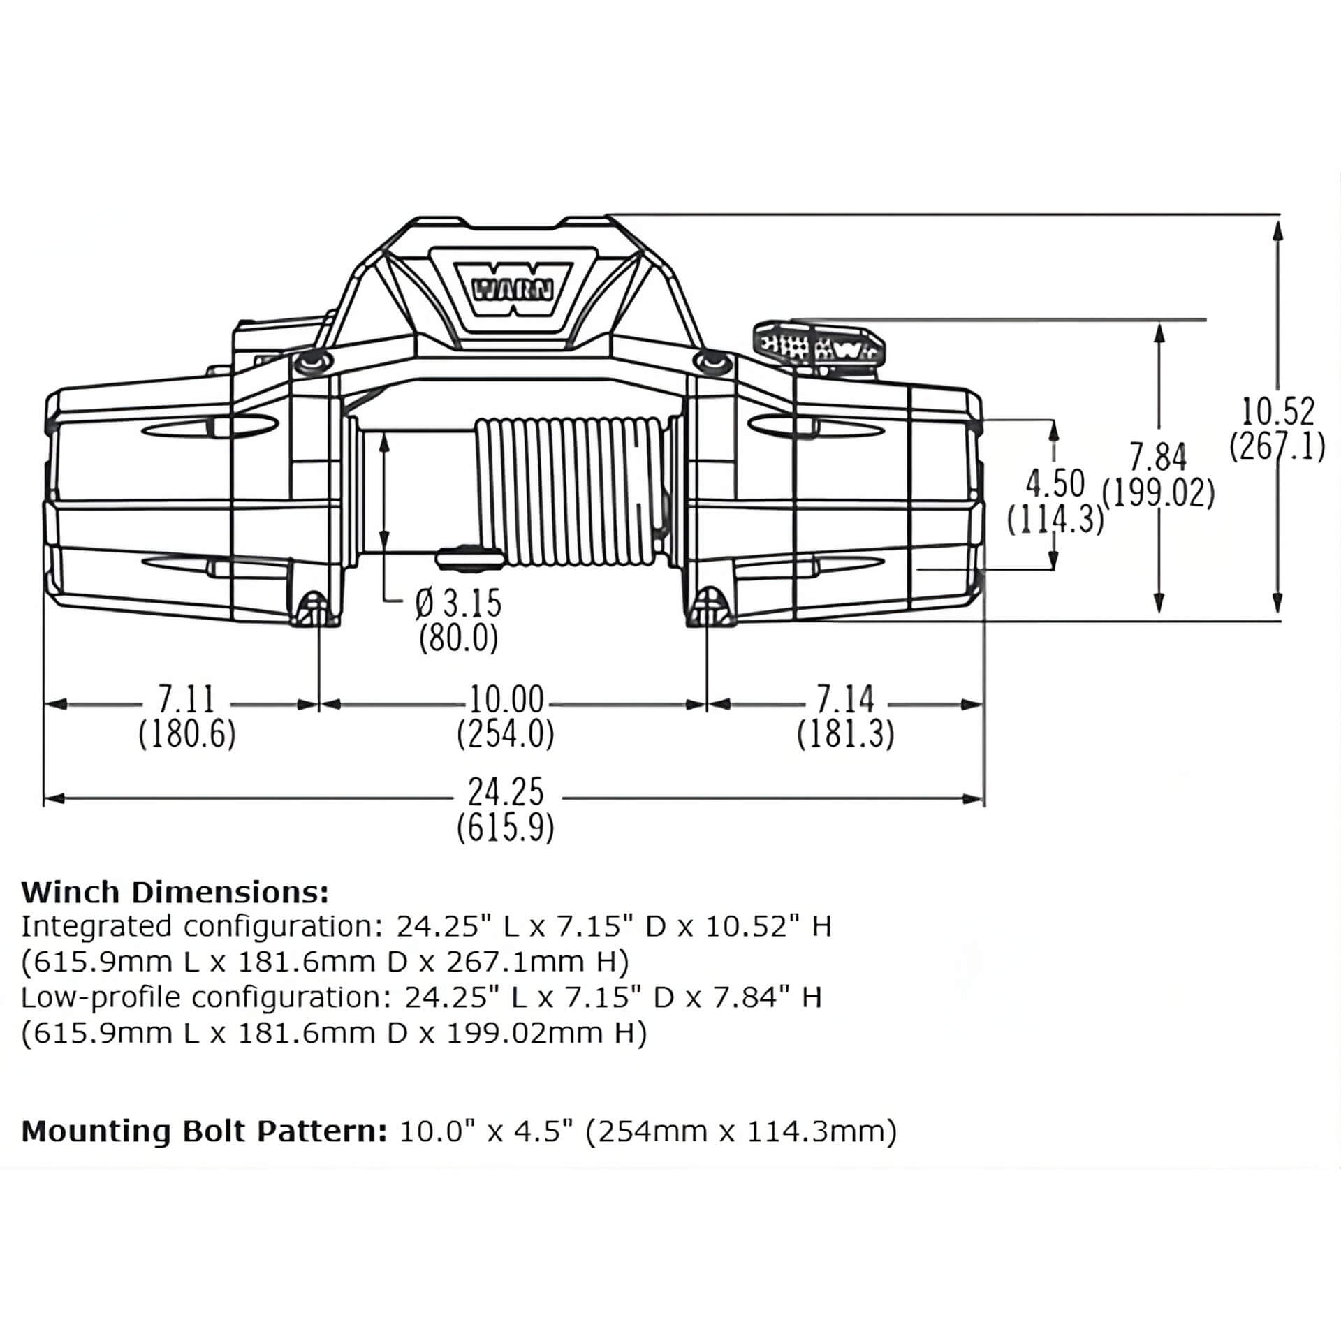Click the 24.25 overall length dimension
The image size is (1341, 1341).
pyautogui.click(x=506, y=793)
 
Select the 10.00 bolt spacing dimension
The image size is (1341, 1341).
pyautogui.click(x=506, y=699)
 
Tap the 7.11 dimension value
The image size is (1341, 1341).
pyautogui.click(x=187, y=699)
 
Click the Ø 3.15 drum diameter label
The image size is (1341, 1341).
pyautogui.click(x=458, y=604)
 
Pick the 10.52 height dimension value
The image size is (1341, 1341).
pyautogui.click(x=1277, y=412)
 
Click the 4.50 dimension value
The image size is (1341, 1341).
pyautogui.click(x=1055, y=483)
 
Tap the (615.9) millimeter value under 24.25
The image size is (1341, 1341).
pyautogui.click(x=506, y=829)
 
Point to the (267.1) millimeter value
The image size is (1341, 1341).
pyautogui.click(x=1277, y=446)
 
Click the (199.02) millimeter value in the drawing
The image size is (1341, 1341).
pyautogui.click(x=1158, y=494)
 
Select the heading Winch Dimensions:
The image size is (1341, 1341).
pyautogui.click(x=175, y=892)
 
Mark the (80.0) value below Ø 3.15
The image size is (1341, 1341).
pyautogui.click(x=458, y=638)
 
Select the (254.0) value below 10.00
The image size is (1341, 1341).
pyautogui.click(x=506, y=734)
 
